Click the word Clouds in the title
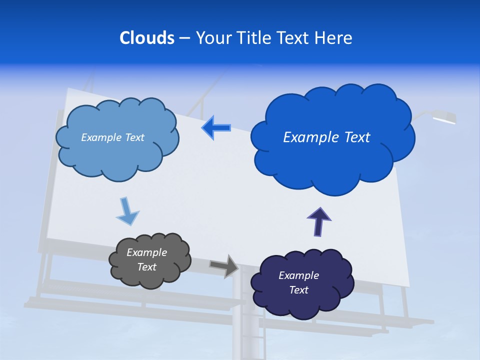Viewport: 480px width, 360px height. coord(147,38)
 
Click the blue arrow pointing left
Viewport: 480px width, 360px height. coord(216,127)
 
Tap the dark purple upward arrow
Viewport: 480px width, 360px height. coord(319,221)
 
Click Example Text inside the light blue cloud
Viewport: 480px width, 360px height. coord(112,137)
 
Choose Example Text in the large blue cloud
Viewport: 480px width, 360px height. coord(326,137)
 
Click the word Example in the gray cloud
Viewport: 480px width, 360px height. coord(146,252)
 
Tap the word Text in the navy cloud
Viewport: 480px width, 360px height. coord(298,290)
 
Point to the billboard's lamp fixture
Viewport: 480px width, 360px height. coord(444,117)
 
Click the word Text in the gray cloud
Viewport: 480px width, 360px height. coord(146,267)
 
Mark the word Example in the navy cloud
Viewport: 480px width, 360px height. coord(298,275)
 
